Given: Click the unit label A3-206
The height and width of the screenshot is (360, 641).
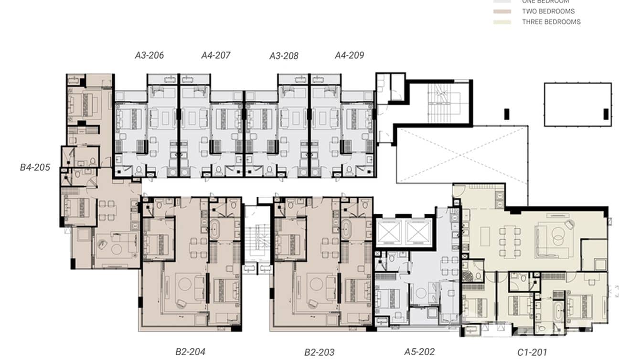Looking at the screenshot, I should pyautogui.click(x=149, y=55).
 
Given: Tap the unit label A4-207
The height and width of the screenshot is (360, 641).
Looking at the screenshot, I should pyautogui.click(x=215, y=55).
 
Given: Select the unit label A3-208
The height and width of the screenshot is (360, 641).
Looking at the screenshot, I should pyautogui.click(x=284, y=56).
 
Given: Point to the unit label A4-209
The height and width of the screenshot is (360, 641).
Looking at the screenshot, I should pyautogui.click(x=349, y=55).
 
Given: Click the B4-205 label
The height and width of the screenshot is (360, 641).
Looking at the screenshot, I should pyautogui.click(x=35, y=168).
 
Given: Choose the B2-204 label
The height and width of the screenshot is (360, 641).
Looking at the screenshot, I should pyautogui.click(x=190, y=352).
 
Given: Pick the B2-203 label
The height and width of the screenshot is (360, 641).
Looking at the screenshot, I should pyautogui.click(x=319, y=352).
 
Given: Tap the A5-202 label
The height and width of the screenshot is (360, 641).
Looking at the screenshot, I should pyautogui.click(x=419, y=352).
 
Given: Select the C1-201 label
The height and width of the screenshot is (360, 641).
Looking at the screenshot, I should pyautogui.click(x=533, y=353).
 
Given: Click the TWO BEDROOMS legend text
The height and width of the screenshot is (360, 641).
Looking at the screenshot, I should pyautogui.click(x=548, y=11).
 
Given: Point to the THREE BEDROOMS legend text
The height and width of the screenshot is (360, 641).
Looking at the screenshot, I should pyautogui.click(x=551, y=22).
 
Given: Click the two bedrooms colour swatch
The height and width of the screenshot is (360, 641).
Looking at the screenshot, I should pyautogui.click(x=502, y=11).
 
